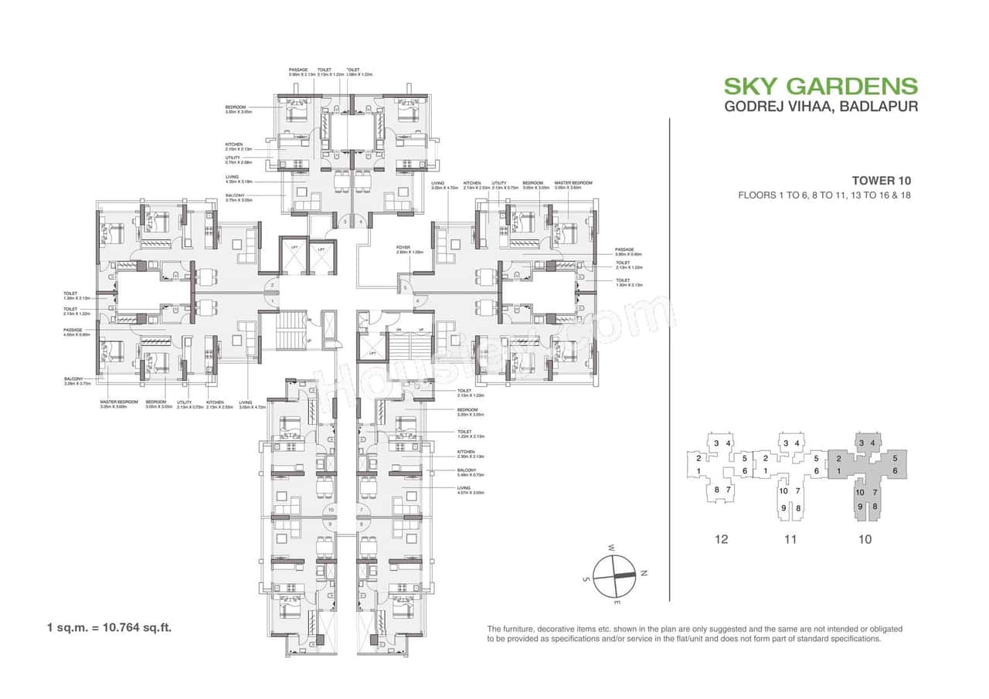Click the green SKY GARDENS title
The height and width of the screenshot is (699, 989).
click(820, 86)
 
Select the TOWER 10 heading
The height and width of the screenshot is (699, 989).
click(881, 180)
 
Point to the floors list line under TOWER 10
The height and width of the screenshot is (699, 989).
click(824, 195)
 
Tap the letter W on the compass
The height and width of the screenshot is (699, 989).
click(610, 548)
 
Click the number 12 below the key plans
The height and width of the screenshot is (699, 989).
click(722, 539)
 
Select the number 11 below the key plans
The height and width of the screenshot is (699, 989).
click(790, 539)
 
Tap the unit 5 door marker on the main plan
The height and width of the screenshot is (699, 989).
click(403, 288)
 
